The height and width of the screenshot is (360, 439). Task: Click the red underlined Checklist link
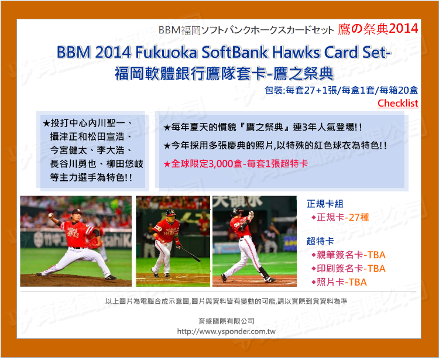click(398, 103)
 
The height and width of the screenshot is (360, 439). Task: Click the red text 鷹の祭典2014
click(378, 29)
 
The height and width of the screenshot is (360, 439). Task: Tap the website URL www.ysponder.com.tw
click(226, 331)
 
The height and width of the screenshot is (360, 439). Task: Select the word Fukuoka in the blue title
click(166, 52)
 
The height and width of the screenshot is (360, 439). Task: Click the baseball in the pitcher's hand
click(50, 215)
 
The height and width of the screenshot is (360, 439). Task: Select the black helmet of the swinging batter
click(236, 212)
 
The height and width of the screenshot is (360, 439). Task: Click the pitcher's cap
click(77, 212)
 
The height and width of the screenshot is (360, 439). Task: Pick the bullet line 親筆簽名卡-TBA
click(348, 255)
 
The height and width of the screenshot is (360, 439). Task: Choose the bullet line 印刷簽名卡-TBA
click(348, 269)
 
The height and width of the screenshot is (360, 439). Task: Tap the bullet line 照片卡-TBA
click(339, 282)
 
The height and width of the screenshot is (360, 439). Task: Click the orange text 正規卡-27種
click(340, 217)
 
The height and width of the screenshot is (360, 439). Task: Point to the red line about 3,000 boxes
click(235, 164)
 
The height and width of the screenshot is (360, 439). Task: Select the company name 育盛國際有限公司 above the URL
click(226, 321)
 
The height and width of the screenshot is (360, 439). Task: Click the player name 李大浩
click(110, 150)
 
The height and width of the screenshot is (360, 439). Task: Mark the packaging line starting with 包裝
click(341, 90)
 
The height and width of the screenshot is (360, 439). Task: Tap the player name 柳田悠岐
click(125, 164)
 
